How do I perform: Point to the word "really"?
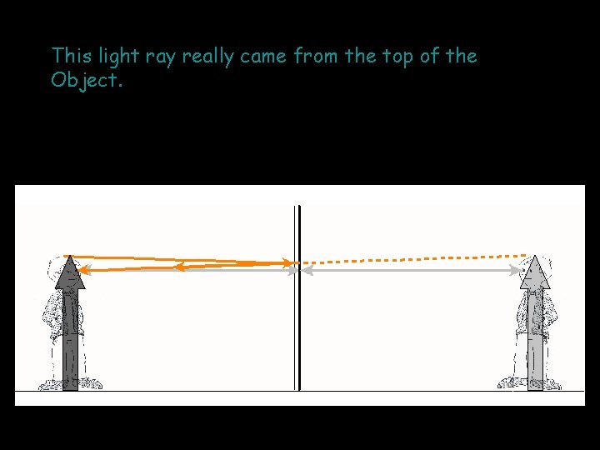[208, 57]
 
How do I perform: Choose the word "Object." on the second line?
[87, 81]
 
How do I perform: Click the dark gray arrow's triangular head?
[70, 273]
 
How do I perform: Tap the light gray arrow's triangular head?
[535, 273]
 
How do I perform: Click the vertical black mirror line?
[297, 333]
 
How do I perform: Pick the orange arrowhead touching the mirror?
[288, 263]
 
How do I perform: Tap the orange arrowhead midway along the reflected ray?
[178, 267]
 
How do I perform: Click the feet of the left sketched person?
[70, 384]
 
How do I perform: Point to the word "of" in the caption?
[433, 56]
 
